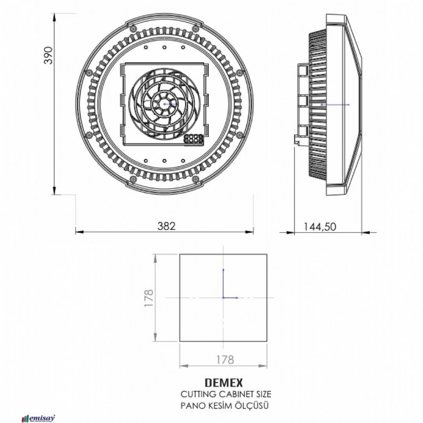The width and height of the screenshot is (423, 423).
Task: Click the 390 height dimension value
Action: coord(47,56)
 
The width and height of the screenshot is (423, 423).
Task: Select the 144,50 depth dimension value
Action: coord(320,226)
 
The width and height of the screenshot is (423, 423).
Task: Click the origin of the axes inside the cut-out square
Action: coord(223,298)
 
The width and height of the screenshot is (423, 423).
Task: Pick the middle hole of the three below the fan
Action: coord(164,161)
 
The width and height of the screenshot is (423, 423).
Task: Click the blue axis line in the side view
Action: coord(335,105)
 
